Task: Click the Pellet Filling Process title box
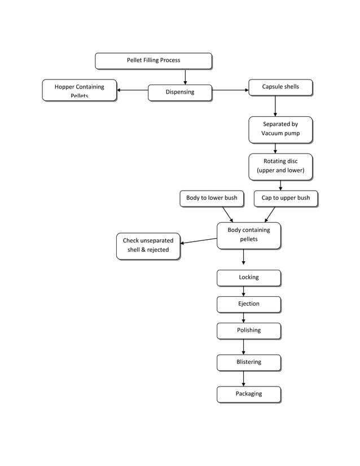[x=153, y=60]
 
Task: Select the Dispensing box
[x=179, y=93]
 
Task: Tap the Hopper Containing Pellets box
[x=79, y=90]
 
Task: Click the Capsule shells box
[x=280, y=87]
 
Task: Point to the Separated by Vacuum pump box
[x=280, y=129]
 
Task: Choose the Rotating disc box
[x=280, y=166]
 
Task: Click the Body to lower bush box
[x=212, y=198]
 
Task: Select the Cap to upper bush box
[x=286, y=198]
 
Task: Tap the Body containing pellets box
[x=249, y=235]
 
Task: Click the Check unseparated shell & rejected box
[x=148, y=245]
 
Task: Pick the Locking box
[x=249, y=278]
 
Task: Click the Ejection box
[x=249, y=304]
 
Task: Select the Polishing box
[x=249, y=330]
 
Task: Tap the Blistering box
[x=249, y=362]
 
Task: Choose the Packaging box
[x=249, y=394]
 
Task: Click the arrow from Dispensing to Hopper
[x=133, y=90]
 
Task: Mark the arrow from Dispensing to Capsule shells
[x=230, y=90]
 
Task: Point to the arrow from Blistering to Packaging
[x=244, y=379]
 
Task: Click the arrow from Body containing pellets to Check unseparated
[x=199, y=241]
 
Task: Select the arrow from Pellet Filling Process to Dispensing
[x=185, y=77]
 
